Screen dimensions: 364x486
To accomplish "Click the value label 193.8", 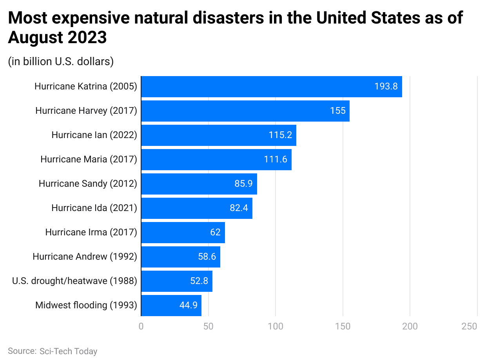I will point(386,87).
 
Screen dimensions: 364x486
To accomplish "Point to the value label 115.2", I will point(280,135).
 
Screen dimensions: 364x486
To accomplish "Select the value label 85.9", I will point(243,184).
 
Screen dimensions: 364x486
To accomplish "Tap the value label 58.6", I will point(207,257).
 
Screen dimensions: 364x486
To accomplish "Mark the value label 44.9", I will point(188,306).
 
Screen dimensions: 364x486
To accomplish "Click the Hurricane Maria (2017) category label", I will point(89,159).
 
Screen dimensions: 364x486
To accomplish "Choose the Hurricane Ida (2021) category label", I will point(94,208).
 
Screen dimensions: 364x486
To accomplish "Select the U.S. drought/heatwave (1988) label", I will point(74,281).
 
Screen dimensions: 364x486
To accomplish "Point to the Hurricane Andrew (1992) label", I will point(85,257).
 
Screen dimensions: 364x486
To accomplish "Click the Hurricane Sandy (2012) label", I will point(88,184).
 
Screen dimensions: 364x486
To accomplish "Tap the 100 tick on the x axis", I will point(276,326).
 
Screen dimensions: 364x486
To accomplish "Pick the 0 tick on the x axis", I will point(141,326).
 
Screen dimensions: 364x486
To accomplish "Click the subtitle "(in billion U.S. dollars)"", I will point(61,62).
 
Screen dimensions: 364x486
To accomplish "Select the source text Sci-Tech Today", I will point(68,351).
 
